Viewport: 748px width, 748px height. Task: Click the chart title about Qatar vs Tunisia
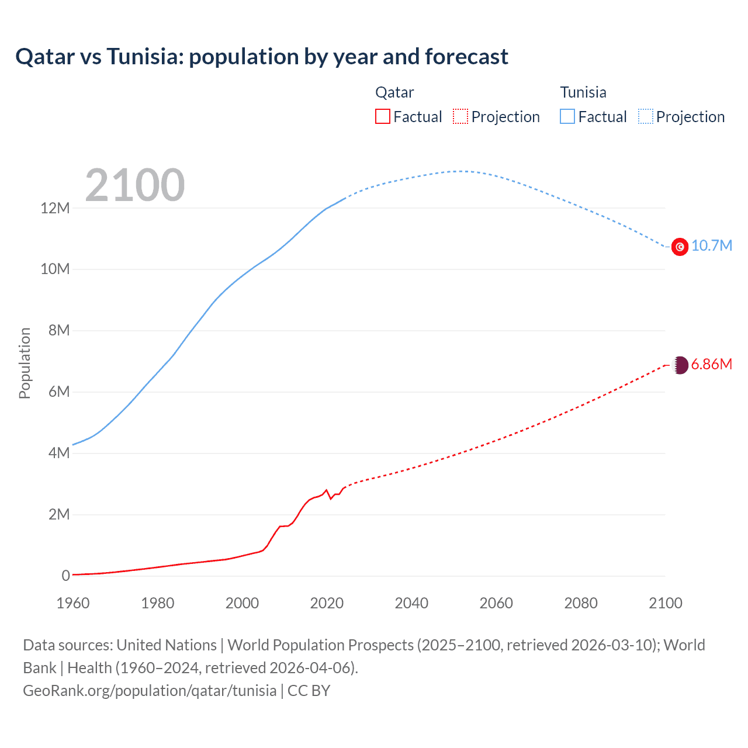pyautogui.click(x=262, y=57)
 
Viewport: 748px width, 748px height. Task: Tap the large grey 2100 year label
pyautogui.click(x=135, y=185)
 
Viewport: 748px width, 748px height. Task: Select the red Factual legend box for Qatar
pyautogui.click(x=382, y=116)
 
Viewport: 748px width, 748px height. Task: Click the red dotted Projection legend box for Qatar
pyautogui.click(x=460, y=116)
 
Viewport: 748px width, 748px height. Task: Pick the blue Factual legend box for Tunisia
pyautogui.click(x=567, y=116)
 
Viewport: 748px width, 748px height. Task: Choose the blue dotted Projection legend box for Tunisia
pyautogui.click(x=646, y=116)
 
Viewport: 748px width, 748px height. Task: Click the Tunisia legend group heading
pyautogui.click(x=583, y=92)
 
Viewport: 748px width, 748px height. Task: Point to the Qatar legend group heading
pyautogui.click(x=394, y=92)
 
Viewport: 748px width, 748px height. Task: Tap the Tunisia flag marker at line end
pyautogui.click(x=680, y=247)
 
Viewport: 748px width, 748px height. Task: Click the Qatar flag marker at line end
pyautogui.click(x=680, y=365)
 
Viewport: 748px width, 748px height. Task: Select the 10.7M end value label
pyautogui.click(x=711, y=245)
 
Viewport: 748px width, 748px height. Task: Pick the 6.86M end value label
pyautogui.click(x=711, y=364)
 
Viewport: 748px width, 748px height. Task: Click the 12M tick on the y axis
pyautogui.click(x=55, y=208)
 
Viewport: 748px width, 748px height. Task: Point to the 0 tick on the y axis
pyautogui.click(x=65, y=576)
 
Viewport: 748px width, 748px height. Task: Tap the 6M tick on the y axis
pyautogui.click(x=58, y=392)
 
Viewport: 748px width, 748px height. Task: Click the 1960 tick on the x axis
pyautogui.click(x=73, y=603)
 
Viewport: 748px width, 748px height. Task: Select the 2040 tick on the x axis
pyautogui.click(x=411, y=603)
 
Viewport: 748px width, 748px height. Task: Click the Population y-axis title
pyautogui.click(x=25, y=363)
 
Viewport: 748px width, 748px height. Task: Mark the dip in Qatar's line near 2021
pyautogui.click(x=331, y=498)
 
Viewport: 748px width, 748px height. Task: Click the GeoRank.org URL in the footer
pyautogui.click(x=150, y=691)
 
